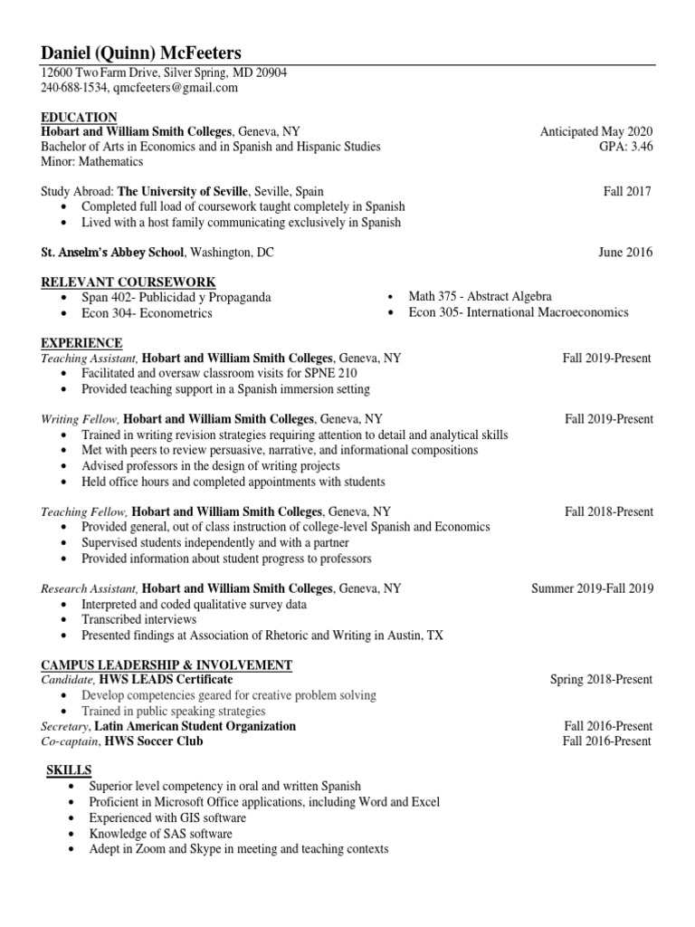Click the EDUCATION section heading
79,117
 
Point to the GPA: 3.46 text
624,146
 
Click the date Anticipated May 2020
595,131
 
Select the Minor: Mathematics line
92,161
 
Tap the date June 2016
624,253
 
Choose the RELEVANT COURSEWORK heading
129,282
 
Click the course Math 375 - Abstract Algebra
480,297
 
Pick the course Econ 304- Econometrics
147,313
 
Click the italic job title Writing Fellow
79,420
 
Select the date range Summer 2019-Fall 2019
592,588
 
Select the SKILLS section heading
69,769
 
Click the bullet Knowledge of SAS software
160,834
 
